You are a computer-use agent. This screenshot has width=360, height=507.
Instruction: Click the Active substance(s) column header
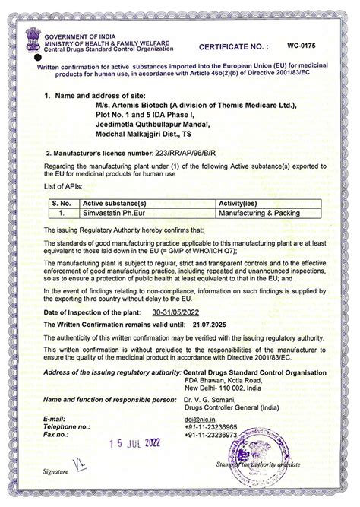114,204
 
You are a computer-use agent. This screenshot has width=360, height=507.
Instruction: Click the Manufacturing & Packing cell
259,214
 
